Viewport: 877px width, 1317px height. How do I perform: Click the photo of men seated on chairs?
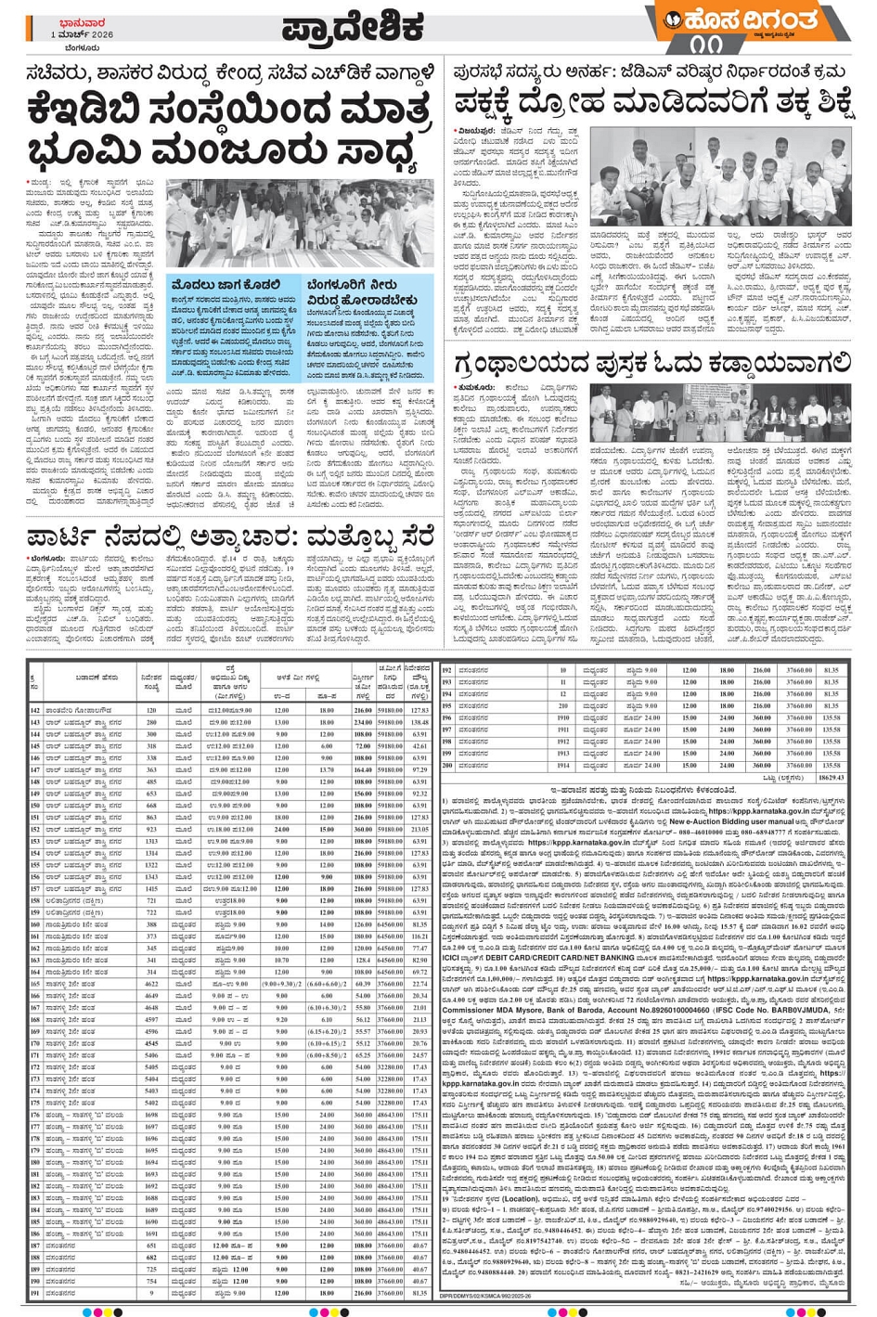tap(733, 177)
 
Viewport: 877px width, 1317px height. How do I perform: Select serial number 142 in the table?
tap(36, 710)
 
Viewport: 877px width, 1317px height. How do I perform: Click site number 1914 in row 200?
tap(562, 766)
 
